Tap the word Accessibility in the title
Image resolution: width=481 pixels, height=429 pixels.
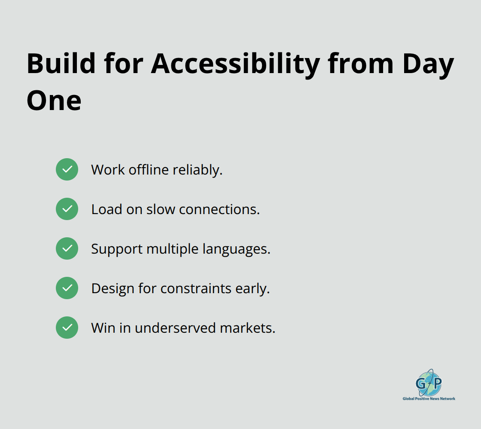point(235,64)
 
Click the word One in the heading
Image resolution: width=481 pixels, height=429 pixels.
point(54,100)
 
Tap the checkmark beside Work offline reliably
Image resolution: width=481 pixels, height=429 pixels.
point(67,169)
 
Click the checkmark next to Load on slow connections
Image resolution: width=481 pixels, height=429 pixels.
point(67,209)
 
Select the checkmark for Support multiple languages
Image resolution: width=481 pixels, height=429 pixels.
point(67,248)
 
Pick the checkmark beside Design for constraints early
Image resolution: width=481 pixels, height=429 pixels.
point(67,288)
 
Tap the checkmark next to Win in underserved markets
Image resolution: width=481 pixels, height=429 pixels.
point(67,328)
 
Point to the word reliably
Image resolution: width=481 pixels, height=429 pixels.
point(198,170)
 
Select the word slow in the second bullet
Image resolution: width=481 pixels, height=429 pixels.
point(161,209)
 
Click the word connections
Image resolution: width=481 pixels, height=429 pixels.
point(219,209)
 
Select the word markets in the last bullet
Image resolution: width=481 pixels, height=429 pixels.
point(247,328)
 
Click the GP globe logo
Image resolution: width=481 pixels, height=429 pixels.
point(429,383)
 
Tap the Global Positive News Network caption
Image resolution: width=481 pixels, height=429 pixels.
point(429,398)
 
